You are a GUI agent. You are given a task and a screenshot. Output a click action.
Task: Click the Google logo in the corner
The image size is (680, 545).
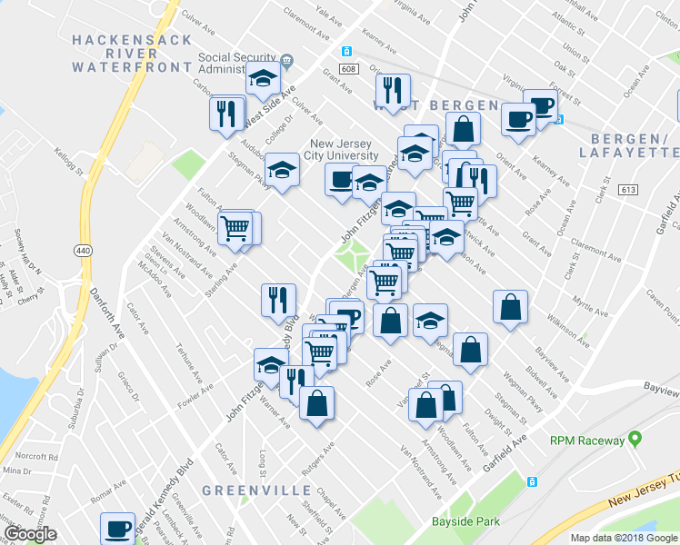tap(29, 534)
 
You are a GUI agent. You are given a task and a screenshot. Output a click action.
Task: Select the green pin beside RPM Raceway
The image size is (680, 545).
tap(634, 440)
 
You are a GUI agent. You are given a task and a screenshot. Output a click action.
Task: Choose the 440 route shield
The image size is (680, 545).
tap(83, 251)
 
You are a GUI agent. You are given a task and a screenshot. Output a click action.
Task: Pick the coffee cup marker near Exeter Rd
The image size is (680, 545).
tap(116, 529)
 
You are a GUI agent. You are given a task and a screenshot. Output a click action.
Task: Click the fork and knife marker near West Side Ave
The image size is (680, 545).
tap(225, 114)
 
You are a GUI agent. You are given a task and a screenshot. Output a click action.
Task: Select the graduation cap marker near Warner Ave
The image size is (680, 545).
tap(271, 365)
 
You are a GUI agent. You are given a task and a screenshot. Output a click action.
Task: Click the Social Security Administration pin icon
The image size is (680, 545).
tap(287, 62)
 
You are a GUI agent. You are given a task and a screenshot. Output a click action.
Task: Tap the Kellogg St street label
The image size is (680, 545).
tap(67, 162)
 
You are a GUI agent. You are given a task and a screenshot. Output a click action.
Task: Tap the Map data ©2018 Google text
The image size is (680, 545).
tap(625, 538)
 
